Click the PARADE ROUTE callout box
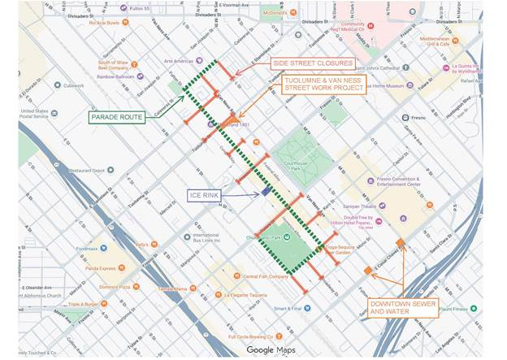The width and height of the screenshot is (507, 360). point(117,117)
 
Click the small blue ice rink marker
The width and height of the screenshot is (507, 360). point(266,192)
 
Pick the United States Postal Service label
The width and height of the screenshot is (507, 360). point(36,113)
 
